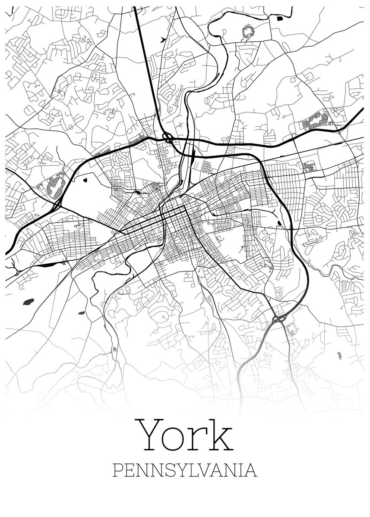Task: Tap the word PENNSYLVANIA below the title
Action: point(185,470)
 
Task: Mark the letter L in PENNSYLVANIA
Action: point(193,470)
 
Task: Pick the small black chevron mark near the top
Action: point(162,40)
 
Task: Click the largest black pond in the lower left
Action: point(28,301)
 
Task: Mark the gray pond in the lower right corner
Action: point(339,356)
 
